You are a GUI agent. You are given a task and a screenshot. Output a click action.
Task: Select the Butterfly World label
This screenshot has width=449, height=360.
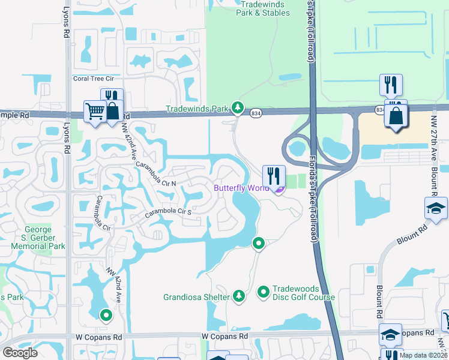241,188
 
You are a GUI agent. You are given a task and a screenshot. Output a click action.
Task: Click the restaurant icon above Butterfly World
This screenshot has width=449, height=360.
274,176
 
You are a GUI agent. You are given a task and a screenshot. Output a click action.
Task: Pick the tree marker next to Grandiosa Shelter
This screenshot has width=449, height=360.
239,296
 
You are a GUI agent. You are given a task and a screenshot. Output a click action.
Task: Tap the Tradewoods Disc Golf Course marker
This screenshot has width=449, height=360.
263,292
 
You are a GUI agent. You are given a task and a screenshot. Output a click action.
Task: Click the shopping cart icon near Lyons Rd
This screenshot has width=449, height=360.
95,112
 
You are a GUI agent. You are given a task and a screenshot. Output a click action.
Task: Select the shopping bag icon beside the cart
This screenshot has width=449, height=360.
112,111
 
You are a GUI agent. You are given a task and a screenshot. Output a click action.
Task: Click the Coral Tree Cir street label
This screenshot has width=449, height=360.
93,78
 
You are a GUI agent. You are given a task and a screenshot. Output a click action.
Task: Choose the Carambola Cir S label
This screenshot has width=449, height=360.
167,211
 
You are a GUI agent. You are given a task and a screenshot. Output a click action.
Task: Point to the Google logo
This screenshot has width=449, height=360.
20,353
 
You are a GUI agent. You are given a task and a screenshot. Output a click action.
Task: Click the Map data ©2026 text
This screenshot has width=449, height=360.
423,355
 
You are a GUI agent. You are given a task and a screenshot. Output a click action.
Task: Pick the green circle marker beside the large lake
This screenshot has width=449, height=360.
258,243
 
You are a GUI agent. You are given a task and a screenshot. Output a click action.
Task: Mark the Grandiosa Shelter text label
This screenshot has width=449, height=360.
196,297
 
